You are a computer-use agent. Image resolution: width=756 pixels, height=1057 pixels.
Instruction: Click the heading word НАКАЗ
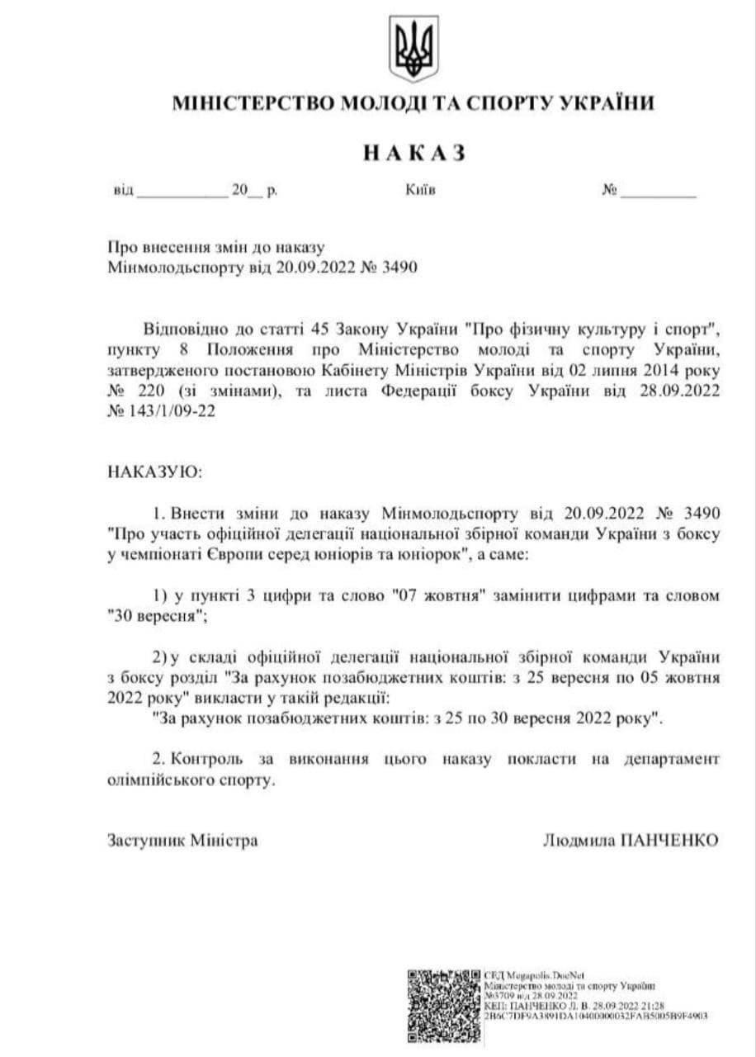(x=413, y=153)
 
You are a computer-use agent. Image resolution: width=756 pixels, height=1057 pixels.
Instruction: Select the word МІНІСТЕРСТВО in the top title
(x=240, y=104)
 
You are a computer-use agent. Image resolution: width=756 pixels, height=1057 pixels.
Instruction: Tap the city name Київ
(x=420, y=191)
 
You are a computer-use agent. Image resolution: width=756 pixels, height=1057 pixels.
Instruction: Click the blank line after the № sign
(x=658, y=194)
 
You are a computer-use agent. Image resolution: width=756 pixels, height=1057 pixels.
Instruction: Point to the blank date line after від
(x=182, y=194)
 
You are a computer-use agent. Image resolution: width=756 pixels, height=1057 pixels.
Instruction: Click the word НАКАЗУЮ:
(x=154, y=472)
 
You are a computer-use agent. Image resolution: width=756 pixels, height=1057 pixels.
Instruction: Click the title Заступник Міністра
(x=182, y=841)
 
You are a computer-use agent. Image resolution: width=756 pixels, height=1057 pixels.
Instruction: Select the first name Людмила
(x=580, y=841)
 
